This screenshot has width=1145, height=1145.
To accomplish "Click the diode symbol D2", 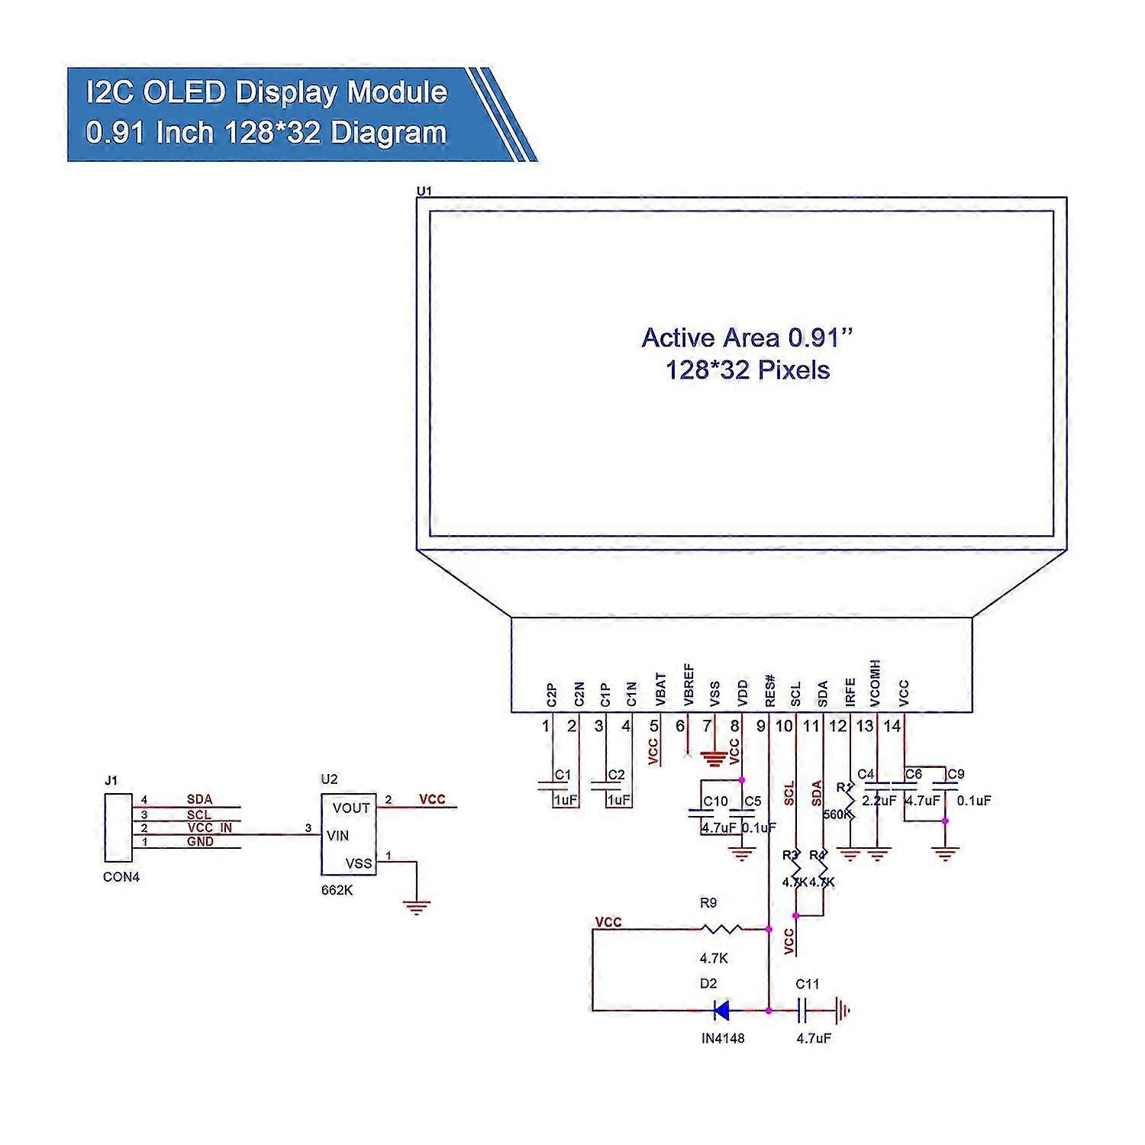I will [721, 1011].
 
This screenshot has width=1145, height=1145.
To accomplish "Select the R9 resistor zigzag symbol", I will [721, 929].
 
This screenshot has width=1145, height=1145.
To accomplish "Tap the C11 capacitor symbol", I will [803, 1011].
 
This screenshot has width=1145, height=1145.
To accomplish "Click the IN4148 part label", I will [722, 1038].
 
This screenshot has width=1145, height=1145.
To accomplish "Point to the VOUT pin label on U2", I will [351, 808].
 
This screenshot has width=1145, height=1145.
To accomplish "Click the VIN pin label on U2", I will [337, 836].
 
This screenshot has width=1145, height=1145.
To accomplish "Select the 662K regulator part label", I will [336, 890].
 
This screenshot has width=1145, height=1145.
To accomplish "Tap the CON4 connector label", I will [121, 877].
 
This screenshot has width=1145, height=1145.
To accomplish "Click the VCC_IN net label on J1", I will [209, 827].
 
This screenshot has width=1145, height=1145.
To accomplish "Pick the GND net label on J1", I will [200, 841].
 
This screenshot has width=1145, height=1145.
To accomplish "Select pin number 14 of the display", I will [892, 726].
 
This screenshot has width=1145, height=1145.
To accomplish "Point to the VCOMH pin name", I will [876, 682].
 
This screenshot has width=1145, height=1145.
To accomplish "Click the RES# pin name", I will [770, 689].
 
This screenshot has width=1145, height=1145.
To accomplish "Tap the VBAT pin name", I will [661, 689].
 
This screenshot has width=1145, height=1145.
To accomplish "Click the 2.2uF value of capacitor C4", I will [879, 801].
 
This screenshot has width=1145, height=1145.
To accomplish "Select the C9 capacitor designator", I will [956, 774].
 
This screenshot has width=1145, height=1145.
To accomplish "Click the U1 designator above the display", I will [424, 190].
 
